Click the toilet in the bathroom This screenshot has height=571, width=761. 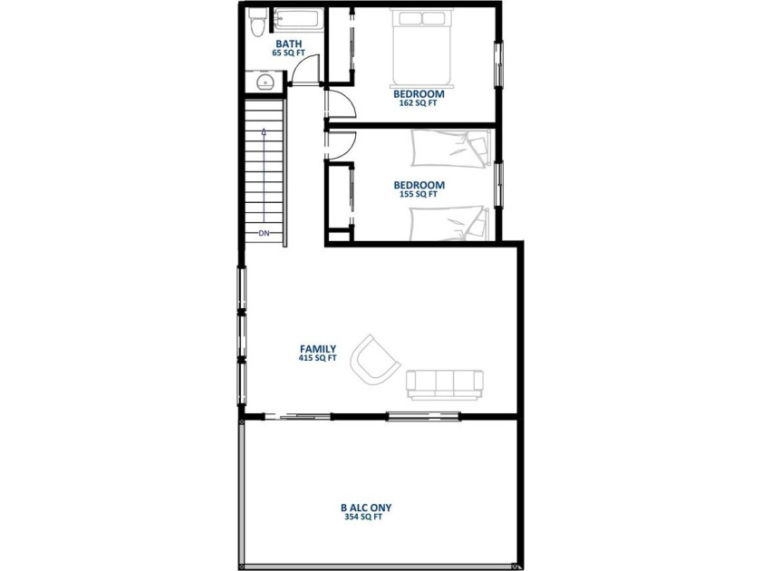tap(256, 22)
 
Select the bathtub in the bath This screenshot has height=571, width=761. tap(298, 19)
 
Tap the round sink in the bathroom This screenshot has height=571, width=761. tap(265, 82)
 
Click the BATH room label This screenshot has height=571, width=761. tap(289, 44)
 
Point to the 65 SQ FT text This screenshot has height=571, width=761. tap(289, 53)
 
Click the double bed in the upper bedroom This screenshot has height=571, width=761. tap(422, 48)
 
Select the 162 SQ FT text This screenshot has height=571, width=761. tap(419, 103)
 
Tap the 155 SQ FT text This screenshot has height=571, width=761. tap(419, 194)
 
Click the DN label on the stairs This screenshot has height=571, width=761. tap(264, 234)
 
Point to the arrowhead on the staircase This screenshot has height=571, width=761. tap(264, 131)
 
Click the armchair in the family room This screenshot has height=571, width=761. tap(375, 358)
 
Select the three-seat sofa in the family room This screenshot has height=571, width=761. tap(445, 385)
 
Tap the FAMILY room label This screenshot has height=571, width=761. tap(318, 349)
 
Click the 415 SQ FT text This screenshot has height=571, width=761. tap(318, 358)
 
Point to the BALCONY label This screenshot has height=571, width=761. tap(366, 508)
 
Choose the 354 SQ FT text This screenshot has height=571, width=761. tap(363, 518)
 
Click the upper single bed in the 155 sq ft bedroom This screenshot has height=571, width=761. tap(450, 148)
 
